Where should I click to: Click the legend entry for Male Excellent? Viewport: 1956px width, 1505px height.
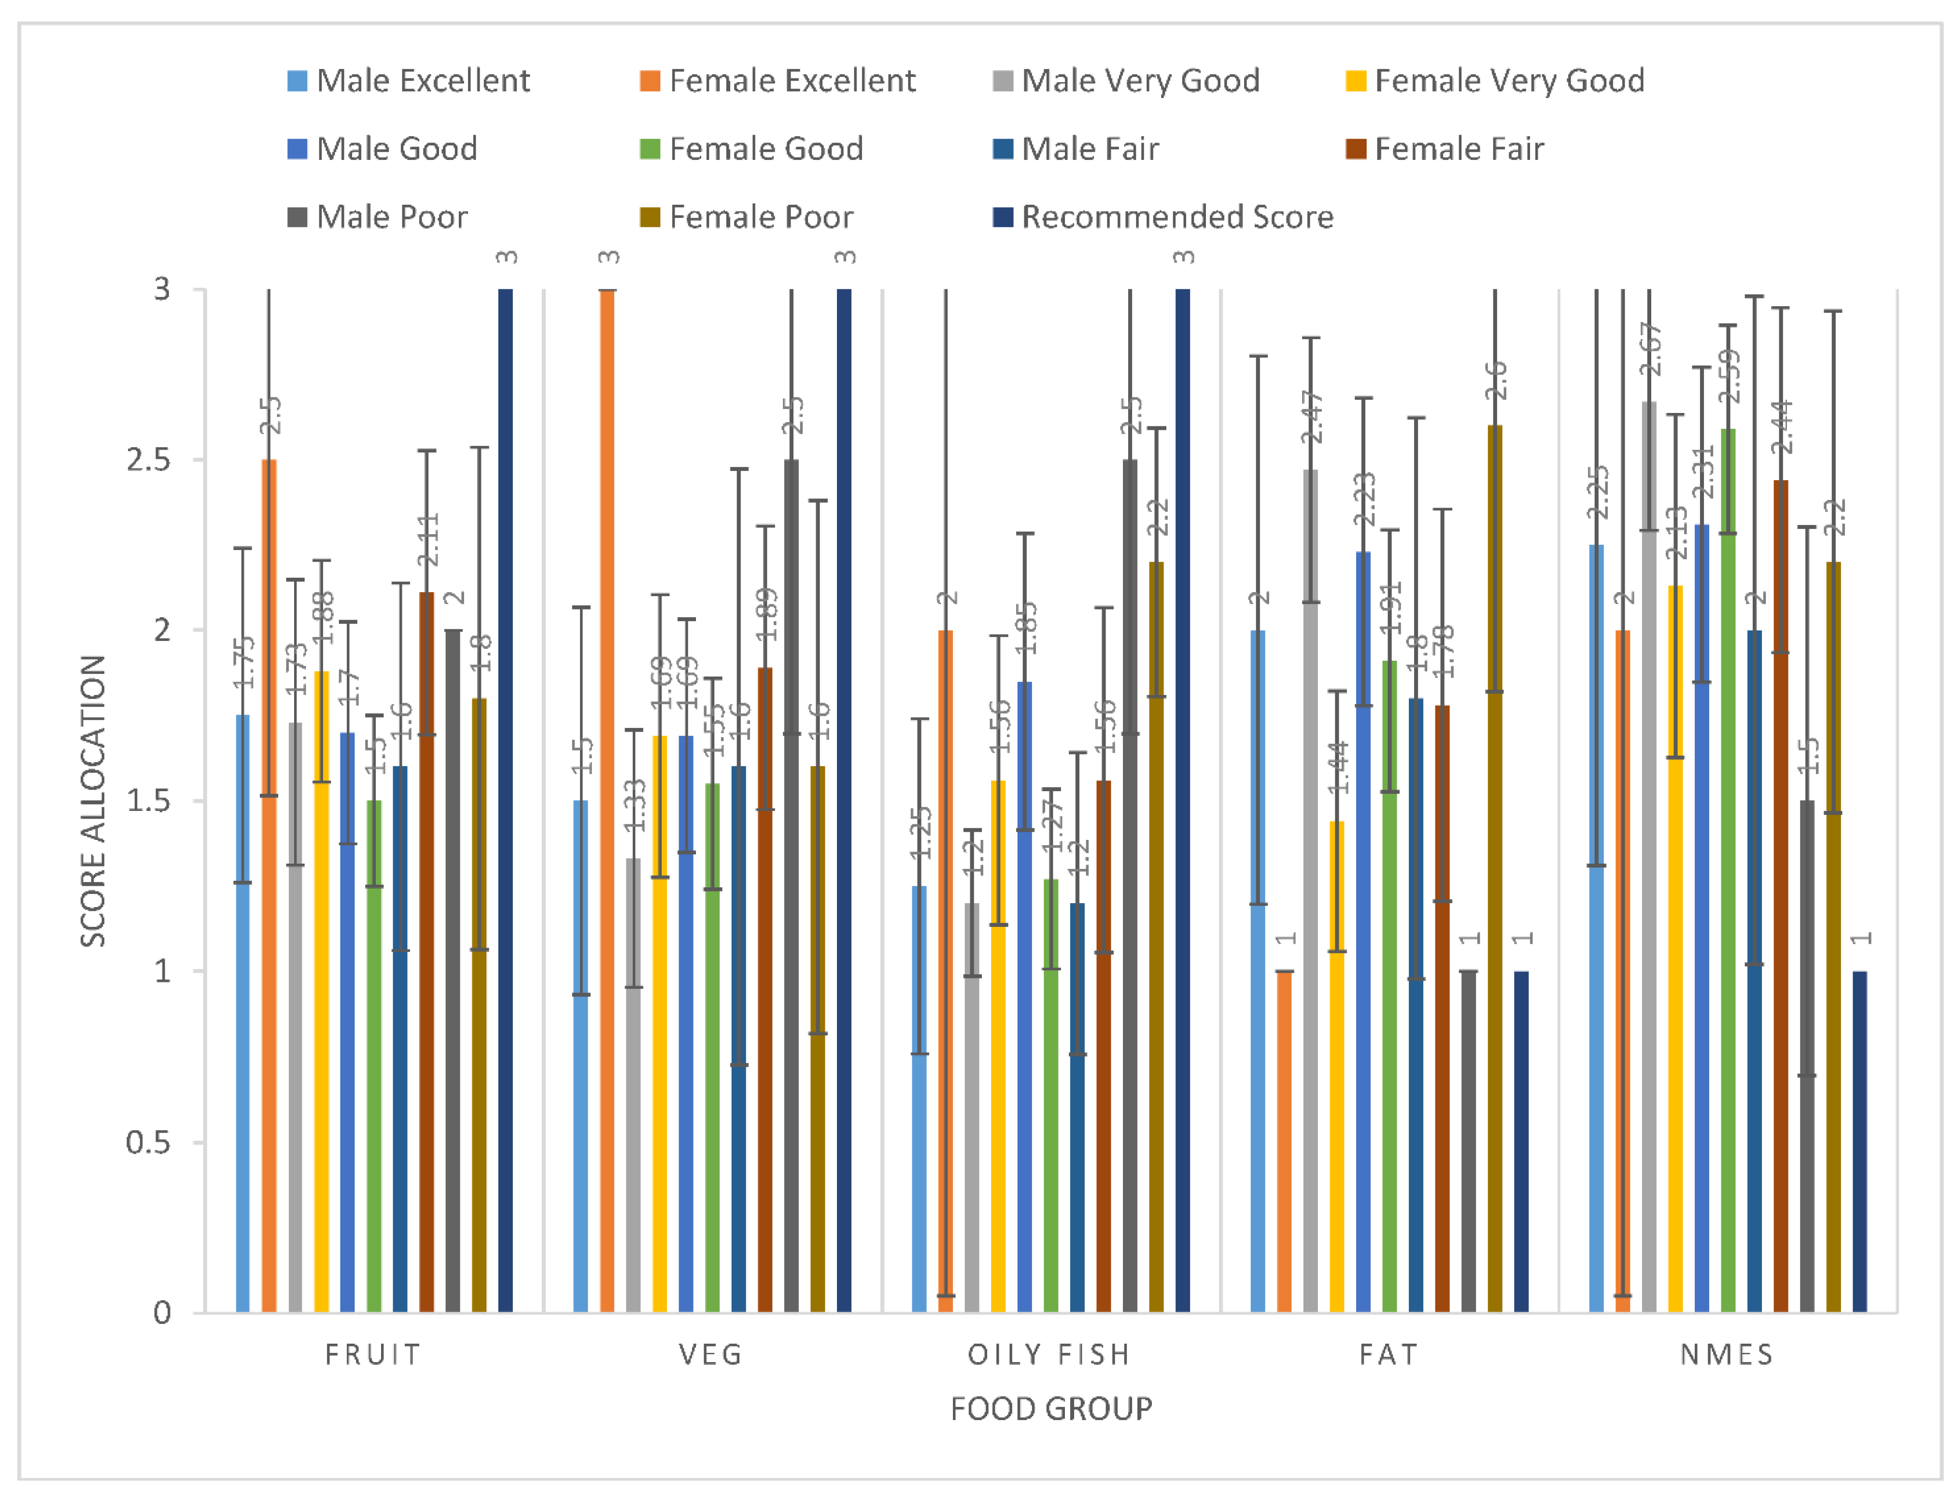409,81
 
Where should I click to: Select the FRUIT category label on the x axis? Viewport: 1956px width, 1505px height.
372,1354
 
